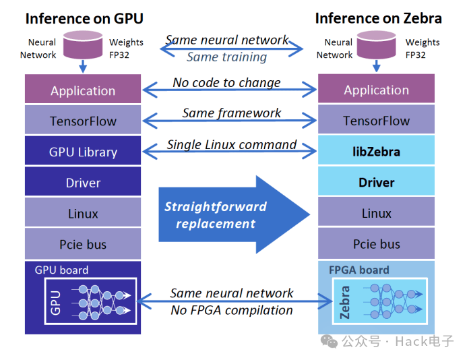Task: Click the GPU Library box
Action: pos(83,152)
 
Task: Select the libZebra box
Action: pos(376,152)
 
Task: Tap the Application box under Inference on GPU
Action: pos(83,90)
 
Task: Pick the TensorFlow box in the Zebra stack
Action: pos(376,121)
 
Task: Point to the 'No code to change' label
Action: pos(226,82)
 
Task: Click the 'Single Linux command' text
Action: pos(232,144)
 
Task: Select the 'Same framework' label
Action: pos(232,113)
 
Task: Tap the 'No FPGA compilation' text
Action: pos(232,310)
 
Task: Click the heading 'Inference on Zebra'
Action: pos(379,18)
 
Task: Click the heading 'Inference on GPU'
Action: pos(84,18)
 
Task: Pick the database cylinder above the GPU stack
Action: pos(82,44)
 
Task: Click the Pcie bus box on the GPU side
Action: pos(83,245)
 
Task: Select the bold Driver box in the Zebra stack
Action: pos(376,183)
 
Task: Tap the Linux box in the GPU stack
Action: pos(83,214)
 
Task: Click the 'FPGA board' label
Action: pos(358,270)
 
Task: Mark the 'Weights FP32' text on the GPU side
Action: pos(124,49)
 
